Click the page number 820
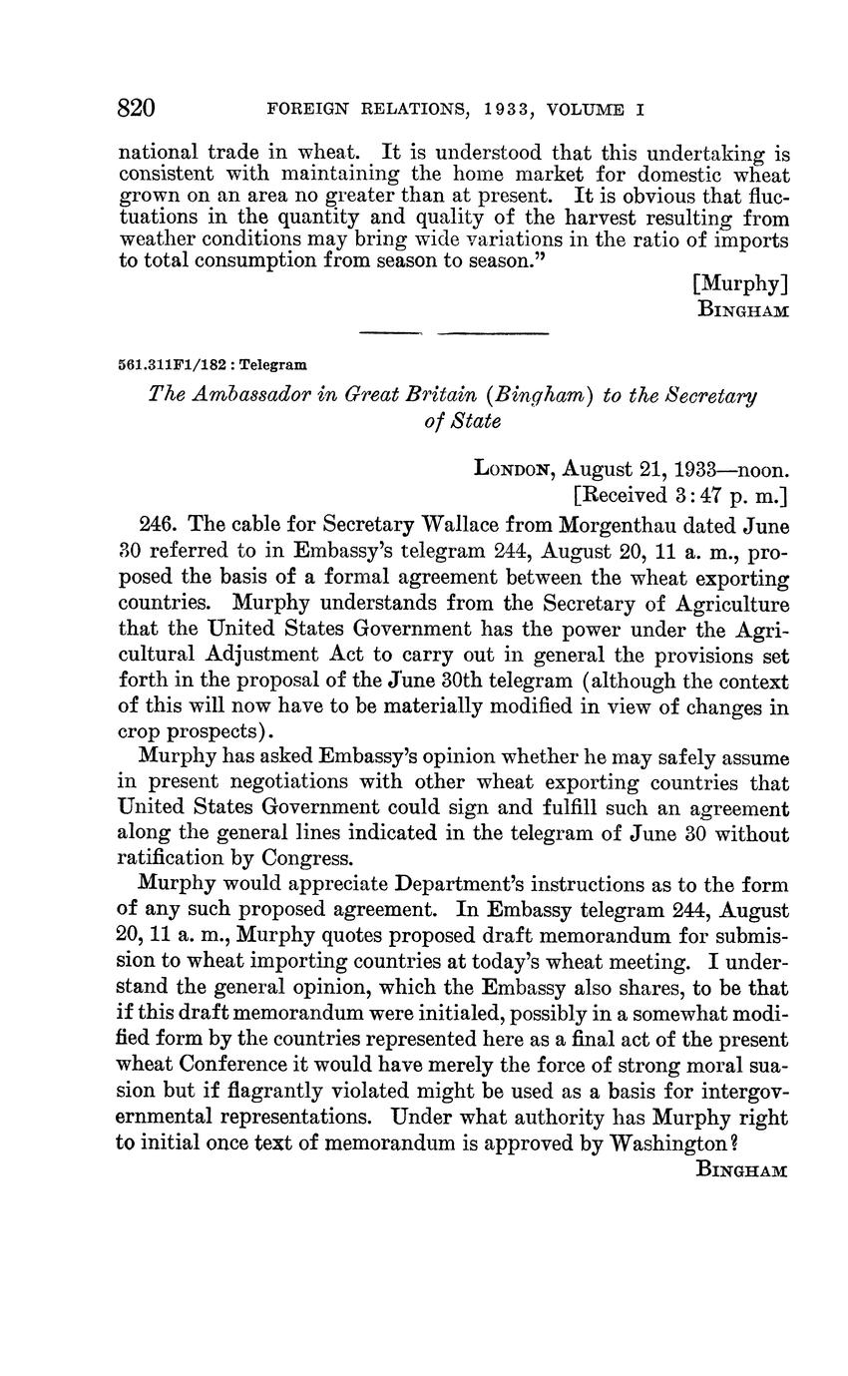coord(139,108)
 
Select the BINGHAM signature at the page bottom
coord(740,1170)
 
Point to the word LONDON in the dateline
coord(513,468)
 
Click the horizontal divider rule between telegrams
coord(453,332)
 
